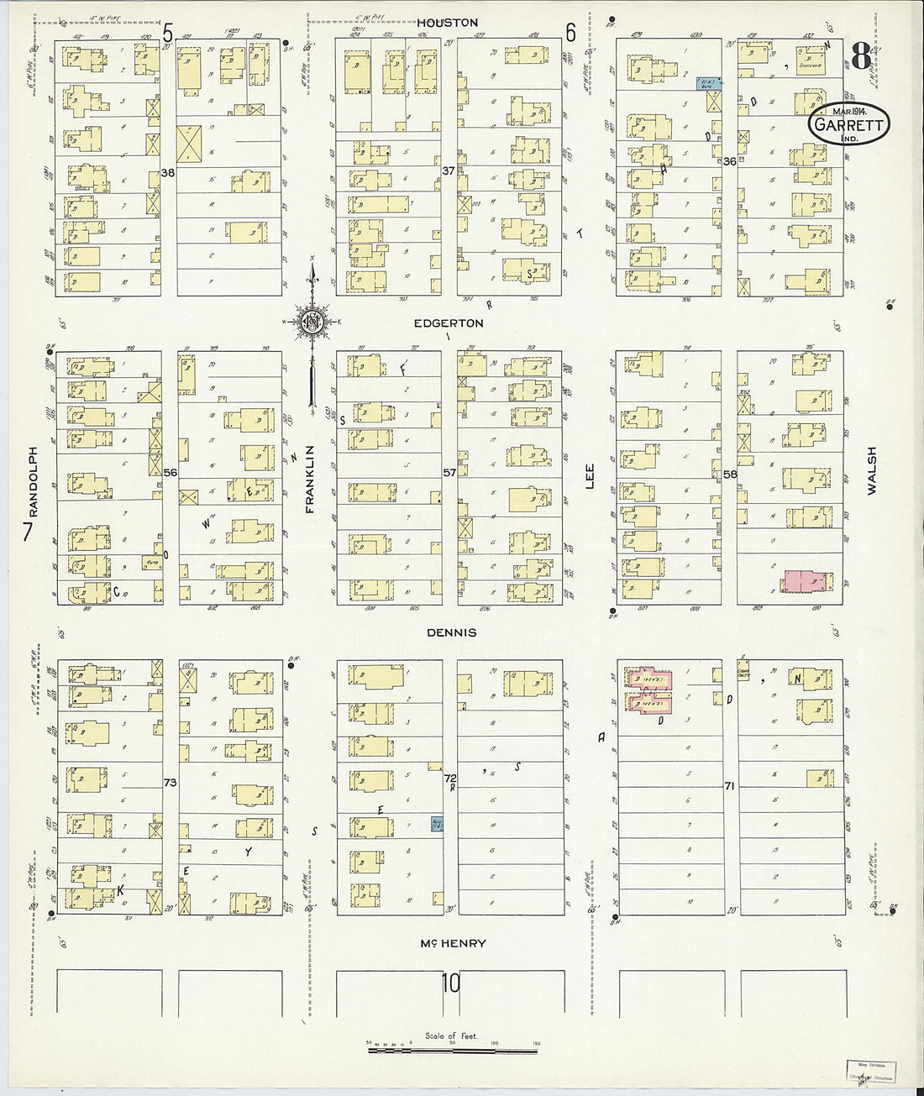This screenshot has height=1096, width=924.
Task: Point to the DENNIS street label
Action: coord(452,632)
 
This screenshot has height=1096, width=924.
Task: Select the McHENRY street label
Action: coord(454,943)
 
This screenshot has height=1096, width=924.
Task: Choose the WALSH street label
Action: coord(871,470)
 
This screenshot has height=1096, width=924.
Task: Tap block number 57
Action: coord(449,473)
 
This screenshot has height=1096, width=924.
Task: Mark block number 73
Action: coord(171,782)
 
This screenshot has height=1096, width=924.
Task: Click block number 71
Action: coord(730,785)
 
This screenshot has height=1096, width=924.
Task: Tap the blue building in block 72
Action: coord(438,825)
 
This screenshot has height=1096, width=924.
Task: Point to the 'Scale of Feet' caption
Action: coord(451,1036)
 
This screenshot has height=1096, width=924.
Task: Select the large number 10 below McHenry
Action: coord(452,982)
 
